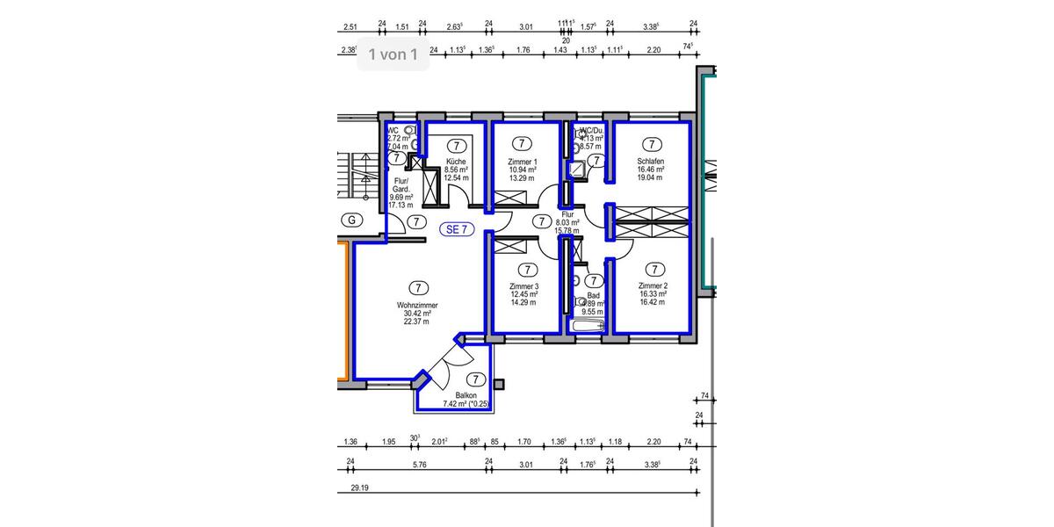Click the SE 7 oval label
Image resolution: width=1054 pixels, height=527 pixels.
click(x=457, y=230)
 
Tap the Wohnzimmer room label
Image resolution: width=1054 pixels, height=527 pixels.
click(x=417, y=305)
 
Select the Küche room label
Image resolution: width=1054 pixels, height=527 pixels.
click(x=456, y=162)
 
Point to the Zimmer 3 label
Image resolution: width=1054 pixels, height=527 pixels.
click(x=523, y=287)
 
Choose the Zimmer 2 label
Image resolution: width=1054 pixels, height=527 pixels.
click(x=653, y=286)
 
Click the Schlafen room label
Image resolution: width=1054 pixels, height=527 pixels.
click(x=651, y=162)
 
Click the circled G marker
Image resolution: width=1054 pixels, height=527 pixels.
click(x=351, y=220)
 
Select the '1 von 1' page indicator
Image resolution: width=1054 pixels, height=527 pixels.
click(x=393, y=54)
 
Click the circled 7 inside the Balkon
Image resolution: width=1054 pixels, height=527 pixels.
click(x=475, y=379)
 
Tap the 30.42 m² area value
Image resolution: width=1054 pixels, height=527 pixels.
click(x=417, y=314)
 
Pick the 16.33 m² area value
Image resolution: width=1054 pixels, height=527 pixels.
click(x=653, y=294)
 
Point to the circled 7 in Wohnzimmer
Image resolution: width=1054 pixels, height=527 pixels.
click(x=418, y=287)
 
